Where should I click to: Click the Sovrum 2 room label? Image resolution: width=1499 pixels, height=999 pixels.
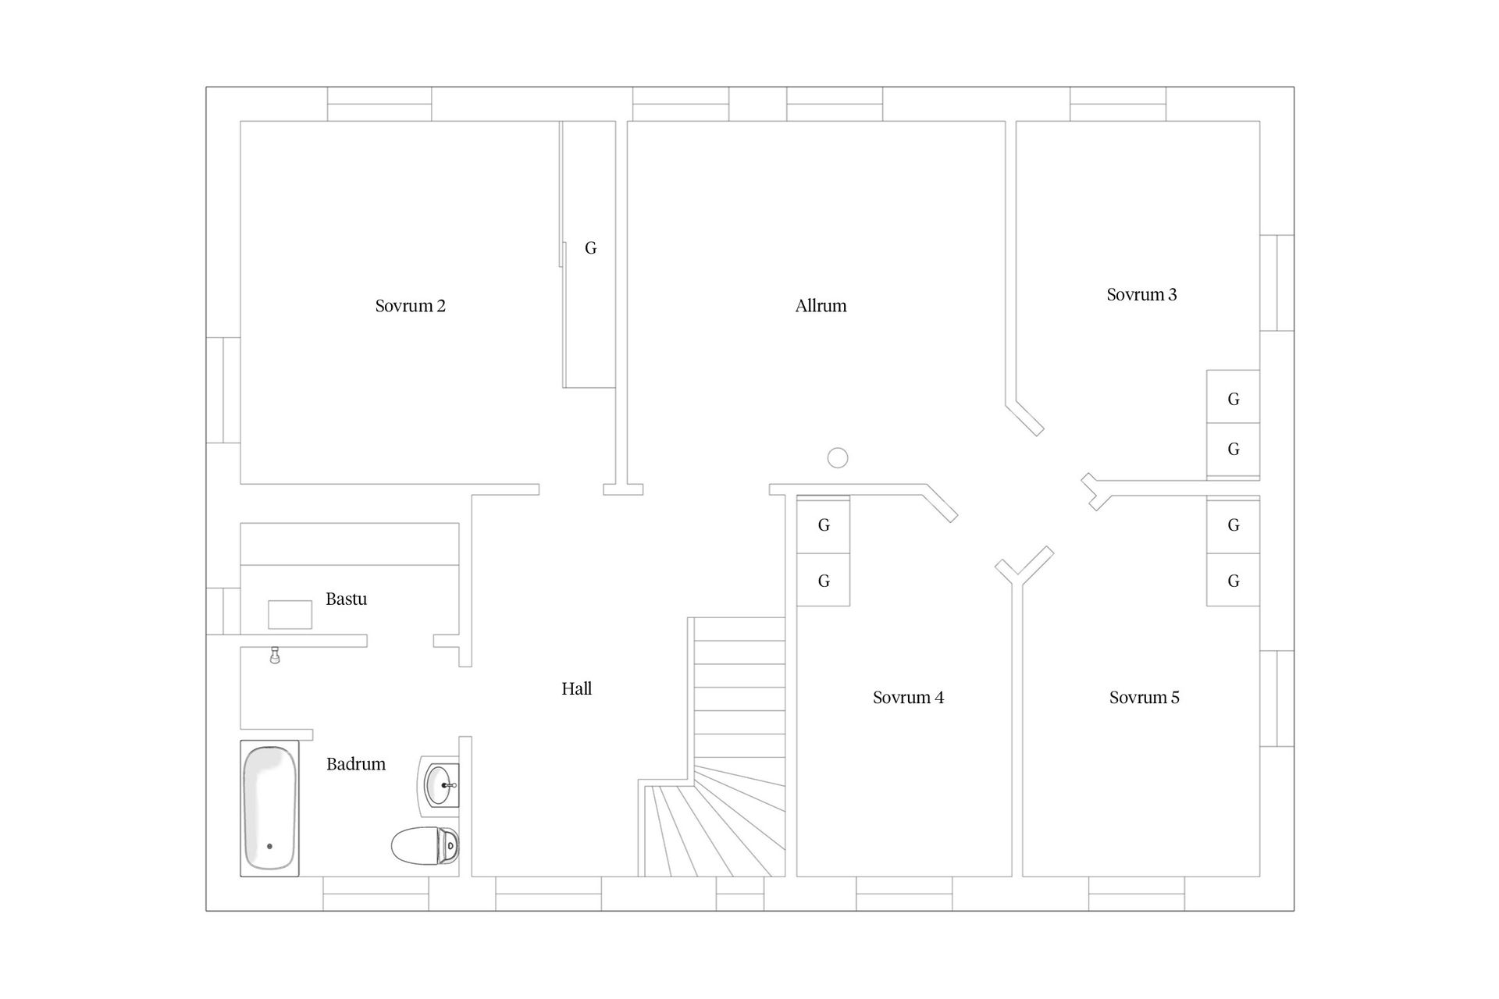410,306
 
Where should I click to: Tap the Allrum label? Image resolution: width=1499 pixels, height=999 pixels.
821,306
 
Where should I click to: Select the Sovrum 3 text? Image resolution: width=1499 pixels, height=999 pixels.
1141,295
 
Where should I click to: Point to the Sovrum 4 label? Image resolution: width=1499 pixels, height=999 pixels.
908,698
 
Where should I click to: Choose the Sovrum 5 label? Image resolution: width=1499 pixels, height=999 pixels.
1144,698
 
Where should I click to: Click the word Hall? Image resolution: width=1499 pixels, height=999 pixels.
576,688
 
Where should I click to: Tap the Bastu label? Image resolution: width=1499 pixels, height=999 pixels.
346,599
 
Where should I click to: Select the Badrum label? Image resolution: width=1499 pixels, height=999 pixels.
356,764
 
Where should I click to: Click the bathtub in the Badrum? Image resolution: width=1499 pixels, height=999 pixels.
269,809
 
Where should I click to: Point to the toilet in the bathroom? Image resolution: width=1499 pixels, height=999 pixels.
425,846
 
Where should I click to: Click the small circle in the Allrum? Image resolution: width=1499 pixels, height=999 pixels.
838,458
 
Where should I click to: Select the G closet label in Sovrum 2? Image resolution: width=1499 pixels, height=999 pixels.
590,248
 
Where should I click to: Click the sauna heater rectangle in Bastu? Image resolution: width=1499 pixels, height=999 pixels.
290,614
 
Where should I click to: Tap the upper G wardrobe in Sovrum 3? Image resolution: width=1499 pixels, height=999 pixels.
1233,397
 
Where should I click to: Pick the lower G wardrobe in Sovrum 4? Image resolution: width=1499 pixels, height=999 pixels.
823,580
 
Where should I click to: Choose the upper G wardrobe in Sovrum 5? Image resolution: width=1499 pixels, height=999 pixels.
1233,525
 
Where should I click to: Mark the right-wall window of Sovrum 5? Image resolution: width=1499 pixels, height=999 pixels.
1277,699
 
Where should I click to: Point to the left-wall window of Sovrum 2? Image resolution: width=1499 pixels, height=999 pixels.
223,390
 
